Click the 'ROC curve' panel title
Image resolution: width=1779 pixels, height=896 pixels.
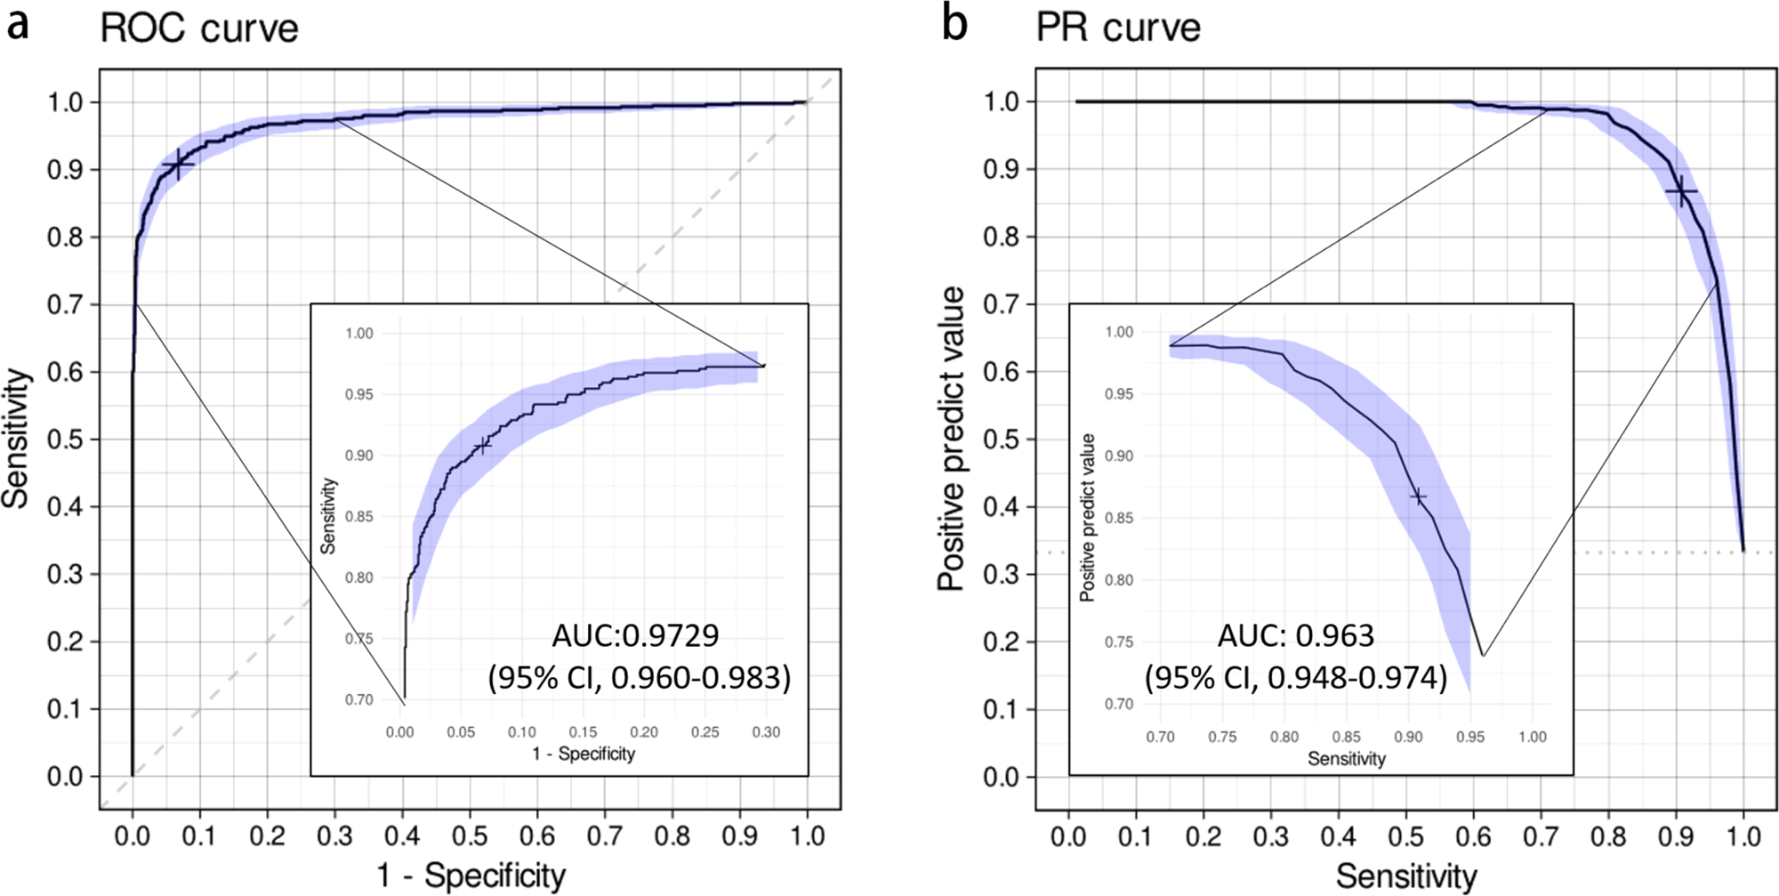(x=198, y=28)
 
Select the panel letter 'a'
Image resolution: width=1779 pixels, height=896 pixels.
(x=17, y=24)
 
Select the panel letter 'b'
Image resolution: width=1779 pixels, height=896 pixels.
(x=954, y=23)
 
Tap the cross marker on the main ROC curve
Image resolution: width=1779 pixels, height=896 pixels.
(x=178, y=164)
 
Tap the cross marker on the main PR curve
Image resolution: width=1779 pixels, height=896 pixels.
(x=1681, y=191)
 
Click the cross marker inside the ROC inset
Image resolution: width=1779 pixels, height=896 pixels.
(x=482, y=445)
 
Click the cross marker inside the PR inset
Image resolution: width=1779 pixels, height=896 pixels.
(x=1419, y=497)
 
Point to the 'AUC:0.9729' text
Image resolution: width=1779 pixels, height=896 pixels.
(x=635, y=635)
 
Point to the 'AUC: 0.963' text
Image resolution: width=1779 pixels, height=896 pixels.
(x=1295, y=635)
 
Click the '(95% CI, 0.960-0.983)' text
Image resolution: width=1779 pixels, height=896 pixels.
(x=639, y=678)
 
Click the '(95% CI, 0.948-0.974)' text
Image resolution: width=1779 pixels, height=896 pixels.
(x=1295, y=678)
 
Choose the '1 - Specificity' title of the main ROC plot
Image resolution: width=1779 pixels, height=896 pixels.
(x=471, y=876)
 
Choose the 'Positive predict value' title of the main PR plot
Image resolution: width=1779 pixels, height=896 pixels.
(x=952, y=439)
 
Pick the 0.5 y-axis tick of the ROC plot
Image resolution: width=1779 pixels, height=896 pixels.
(x=65, y=440)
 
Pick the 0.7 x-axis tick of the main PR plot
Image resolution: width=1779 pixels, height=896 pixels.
(x=1541, y=837)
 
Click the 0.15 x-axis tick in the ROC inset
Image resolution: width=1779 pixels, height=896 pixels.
(x=583, y=732)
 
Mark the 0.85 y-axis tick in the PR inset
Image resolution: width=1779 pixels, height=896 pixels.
(x=1119, y=518)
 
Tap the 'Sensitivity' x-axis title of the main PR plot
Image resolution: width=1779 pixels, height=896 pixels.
(x=1405, y=876)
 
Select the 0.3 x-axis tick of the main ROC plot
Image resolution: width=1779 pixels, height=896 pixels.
(x=334, y=837)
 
